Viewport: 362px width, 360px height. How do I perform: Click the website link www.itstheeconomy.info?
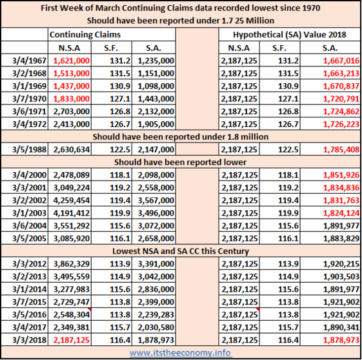click(x=180, y=353)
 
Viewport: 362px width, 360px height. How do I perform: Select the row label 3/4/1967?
click(x=29, y=61)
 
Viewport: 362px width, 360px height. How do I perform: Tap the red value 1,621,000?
click(x=72, y=61)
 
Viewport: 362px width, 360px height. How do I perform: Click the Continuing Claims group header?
click(x=85, y=35)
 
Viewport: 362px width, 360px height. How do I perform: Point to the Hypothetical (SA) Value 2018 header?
click(x=290, y=35)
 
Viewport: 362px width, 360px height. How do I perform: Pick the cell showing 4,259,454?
click(x=72, y=200)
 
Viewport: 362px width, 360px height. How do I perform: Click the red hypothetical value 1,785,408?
click(x=341, y=150)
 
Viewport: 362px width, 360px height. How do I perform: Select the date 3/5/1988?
click(x=29, y=150)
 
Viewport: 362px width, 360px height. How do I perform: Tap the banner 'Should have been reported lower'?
click(x=180, y=162)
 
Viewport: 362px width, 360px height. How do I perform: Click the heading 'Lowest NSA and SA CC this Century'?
click(x=181, y=251)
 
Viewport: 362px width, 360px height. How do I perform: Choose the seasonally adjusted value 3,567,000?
click(x=156, y=200)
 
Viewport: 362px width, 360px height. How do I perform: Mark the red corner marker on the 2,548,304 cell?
click(x=89, y=309)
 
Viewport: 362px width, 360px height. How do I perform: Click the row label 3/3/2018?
click(x=29, y=340)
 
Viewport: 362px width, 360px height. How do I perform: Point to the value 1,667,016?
click(x=341, y=61)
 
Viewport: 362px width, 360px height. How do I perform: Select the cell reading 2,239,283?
click(x=156, y=315)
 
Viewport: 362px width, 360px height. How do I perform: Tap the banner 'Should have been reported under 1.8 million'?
click(x=181, y=137)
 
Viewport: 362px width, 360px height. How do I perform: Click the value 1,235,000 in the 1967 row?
click(x=156, y=61)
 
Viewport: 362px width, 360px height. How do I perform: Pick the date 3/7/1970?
click(x=29, y=99)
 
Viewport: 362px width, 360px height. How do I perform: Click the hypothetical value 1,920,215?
click(x=341, y=264)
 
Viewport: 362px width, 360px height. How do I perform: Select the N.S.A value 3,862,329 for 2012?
click(x=72, y=264)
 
